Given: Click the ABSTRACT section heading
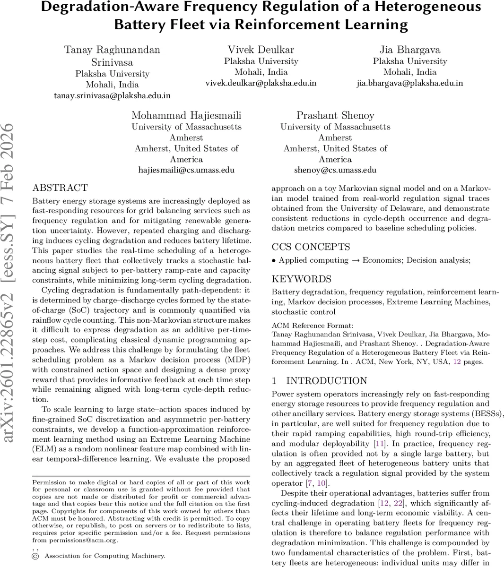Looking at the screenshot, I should coord(60,188).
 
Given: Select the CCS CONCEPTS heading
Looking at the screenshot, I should coord(311,247).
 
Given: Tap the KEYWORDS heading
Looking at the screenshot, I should coord(302,279).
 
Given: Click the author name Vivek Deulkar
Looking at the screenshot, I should coord(261,50).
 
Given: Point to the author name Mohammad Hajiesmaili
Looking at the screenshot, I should coord(186,115).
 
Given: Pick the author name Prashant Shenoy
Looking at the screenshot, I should coord(335,115).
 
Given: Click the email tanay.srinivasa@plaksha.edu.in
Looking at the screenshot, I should coord(112,95).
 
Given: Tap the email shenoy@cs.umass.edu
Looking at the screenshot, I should coord(335,170).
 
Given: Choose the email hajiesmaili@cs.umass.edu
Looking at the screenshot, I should coord(186,170).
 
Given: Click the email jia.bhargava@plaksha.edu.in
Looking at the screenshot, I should coord(409,83).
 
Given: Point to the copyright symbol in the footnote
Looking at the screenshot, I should coord(35,557).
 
